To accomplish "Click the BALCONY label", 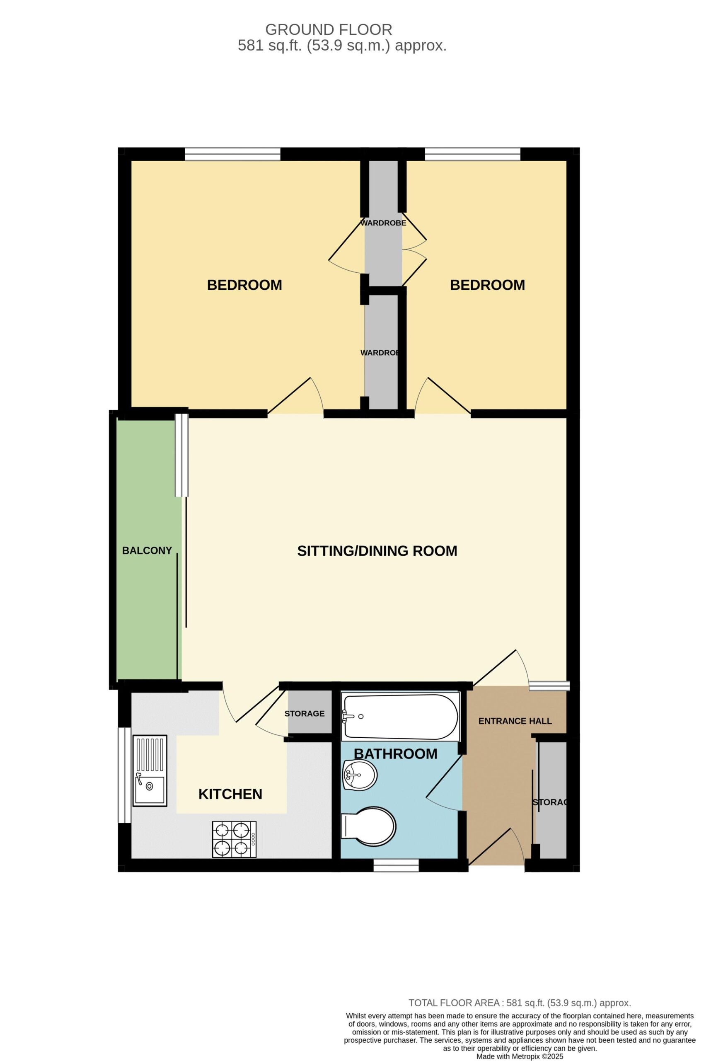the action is tap(147, 550).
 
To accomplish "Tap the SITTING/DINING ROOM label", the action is tap(377, 551).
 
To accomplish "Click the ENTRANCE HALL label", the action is tap(515, 721).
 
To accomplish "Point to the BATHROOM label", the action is tap(396, 754).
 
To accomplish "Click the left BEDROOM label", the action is tap(244, 285).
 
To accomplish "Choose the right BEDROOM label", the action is tap(487, 285).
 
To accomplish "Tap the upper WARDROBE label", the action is tap(383, 223).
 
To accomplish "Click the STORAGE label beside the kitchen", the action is tap(305, 714).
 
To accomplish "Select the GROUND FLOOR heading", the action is tap(329, 30).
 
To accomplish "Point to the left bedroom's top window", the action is tap(233, 154).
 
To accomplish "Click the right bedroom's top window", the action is tap(472, 154).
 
